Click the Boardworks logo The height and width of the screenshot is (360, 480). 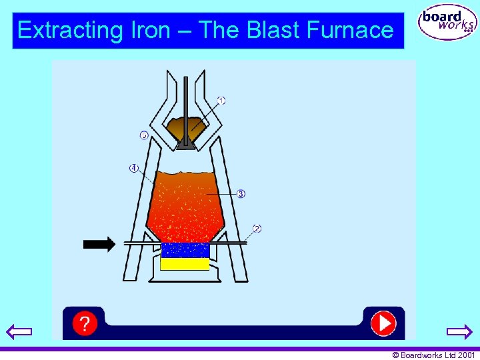pyautogui.click(x=447, y=24)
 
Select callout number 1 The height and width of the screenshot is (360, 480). pyautogui.click(x=221, y=101)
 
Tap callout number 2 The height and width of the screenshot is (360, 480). pyautogui.click(x=257, y=229)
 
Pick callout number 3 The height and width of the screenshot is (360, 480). pyautogui.click(x=241, y=194)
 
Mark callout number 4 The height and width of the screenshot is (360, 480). pyautogui.click(x=133, y=168)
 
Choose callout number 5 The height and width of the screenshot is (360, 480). pyautogui.click(x=144, y=136)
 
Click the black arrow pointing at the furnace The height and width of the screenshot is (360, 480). pyautogui.click(x=99, y=244)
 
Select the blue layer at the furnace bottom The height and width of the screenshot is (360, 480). pyautogui.click(x=185, y=251)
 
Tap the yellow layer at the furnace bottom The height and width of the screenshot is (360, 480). pyautogui.click(x=185, y=264)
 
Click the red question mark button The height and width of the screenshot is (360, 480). pyautogui.click(x=85, y=323)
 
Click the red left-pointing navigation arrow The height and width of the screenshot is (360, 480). pyautogui.click(x=19, y=331)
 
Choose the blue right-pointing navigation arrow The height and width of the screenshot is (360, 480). pyautogui.click(x=459, y=331)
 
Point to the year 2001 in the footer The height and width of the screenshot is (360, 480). pyautogui.click(x=467, y=355)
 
